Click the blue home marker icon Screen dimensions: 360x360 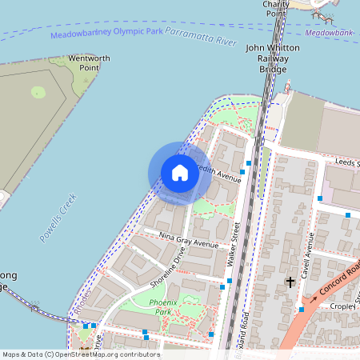tap(180, 173)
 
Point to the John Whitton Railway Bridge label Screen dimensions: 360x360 tap(271, 59)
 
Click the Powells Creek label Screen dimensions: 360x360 tap(58, 218)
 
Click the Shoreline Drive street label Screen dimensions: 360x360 tap(168, 267)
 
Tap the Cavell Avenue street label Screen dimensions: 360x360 tap(306, 256)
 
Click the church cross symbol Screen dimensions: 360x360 tap(290, 282)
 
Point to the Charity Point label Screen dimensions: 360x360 tap(275, 8)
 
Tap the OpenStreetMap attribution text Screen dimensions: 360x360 tap(81, 354)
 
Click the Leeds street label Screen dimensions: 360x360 tap(346, 163)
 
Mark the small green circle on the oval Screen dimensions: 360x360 tap(38, 92)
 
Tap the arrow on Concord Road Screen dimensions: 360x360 tap(314, 298)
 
